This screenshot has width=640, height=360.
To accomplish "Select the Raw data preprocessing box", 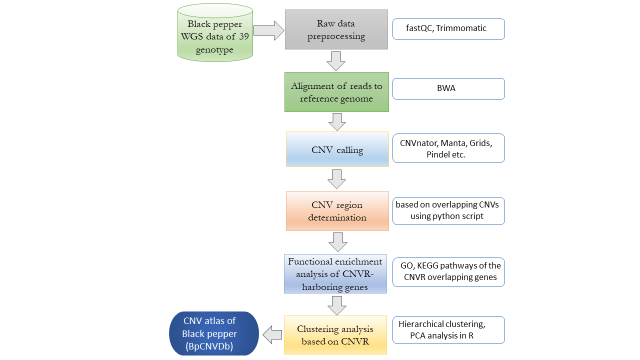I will click(336, 29).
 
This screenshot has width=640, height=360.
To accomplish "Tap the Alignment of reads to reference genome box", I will click(336, 92).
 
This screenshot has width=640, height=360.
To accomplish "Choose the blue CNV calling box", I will click(337, 149).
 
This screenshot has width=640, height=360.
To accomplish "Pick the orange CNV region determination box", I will click(337, 211).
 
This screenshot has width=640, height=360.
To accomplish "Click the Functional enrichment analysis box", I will click(335, 273).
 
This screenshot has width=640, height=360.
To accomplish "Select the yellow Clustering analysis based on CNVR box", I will click(335, 334).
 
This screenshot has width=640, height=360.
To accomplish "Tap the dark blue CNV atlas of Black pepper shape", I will click(214, 333).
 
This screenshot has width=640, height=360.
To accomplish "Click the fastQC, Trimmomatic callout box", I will click(448, 29).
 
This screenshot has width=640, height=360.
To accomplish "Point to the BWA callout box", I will click(448, 88).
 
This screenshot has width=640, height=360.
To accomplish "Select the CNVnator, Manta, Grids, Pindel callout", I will click(448, 148).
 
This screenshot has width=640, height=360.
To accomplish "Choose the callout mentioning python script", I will click(448, 210).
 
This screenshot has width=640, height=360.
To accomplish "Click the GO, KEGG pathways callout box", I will click(448, 272).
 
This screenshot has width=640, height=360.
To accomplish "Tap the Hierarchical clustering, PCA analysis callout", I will click(448, 330).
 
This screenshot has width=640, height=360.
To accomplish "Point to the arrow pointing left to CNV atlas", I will click(272, 334).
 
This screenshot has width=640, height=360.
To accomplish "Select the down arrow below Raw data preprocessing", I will click(336, 60).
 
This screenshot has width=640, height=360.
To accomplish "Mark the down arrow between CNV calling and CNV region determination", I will click(336, 178).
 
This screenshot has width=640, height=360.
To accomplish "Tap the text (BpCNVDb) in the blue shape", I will click(209, 345).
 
